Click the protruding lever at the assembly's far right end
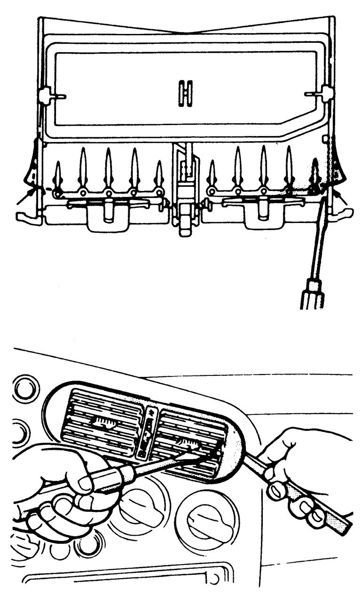pos(342,214)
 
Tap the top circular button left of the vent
pos(26,389)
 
